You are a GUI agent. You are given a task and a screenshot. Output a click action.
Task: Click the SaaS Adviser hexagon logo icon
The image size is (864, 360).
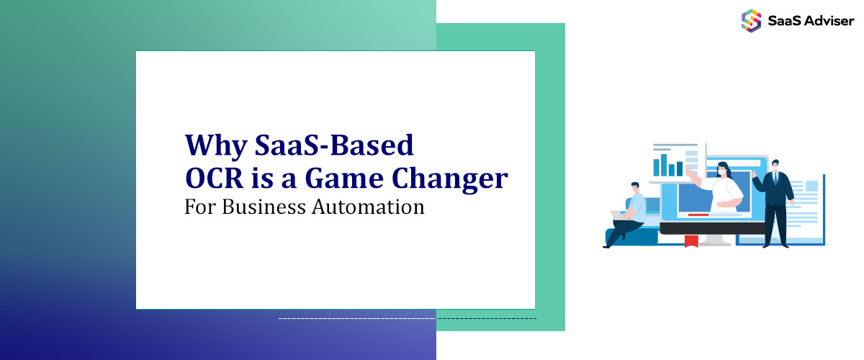(752, 20)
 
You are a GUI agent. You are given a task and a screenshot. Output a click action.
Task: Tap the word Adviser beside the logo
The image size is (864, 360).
(827, 21)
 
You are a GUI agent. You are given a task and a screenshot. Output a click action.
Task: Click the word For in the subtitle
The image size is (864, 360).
(199, 207)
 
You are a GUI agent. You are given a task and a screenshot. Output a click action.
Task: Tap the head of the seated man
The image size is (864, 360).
(634, 187)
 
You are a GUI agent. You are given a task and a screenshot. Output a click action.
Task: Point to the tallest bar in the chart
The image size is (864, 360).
(665, 164)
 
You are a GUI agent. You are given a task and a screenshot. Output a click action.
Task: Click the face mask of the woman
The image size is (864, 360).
(722, 172)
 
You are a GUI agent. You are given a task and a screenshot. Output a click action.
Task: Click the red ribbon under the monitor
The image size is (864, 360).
(692, 241)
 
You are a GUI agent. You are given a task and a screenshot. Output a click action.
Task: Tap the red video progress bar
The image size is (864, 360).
(698, 215)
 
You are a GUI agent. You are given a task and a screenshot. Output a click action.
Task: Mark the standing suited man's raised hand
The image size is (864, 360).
(755, 173)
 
